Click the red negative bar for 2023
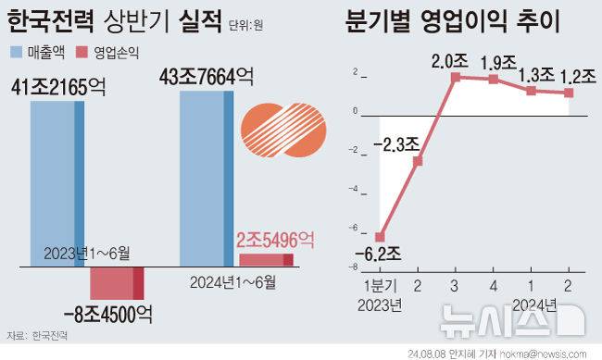coord(117,282)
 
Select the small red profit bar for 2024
coord(267,259)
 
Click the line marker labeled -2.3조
coord(418,161)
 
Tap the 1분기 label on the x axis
coord(380,287)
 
